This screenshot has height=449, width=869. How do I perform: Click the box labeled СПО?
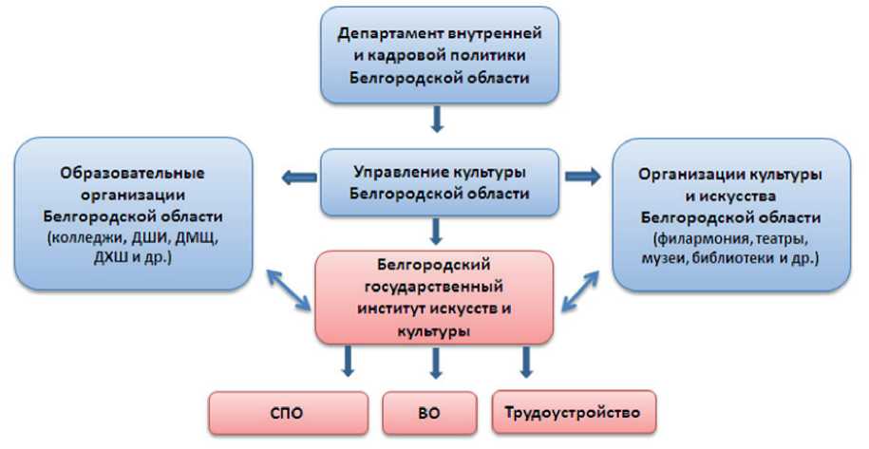[288, 413]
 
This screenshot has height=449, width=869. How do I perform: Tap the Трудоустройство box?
[574, 413]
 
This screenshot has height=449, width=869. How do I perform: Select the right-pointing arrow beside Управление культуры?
[581, 176]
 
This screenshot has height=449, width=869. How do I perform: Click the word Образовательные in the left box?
[132, 175]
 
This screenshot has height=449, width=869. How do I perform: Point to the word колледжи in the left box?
[90, 234]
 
